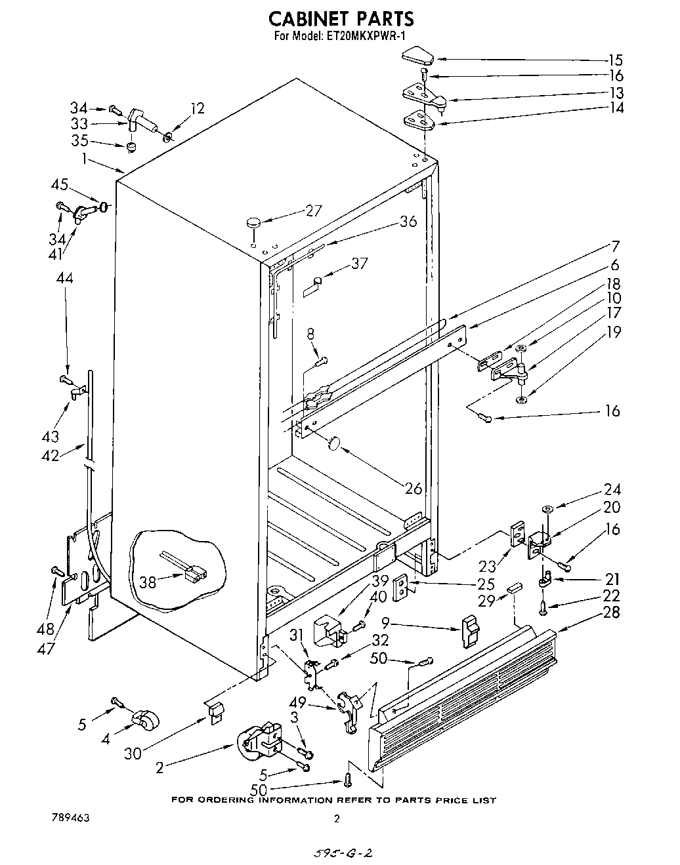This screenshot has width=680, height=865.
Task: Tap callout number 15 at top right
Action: coord(616,60)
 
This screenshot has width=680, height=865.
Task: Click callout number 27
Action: coord(314,211)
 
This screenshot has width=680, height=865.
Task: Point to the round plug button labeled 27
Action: coord(253,223)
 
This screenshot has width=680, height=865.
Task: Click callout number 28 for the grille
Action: coord(611,613)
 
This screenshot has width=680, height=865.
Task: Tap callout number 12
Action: coord(198,108)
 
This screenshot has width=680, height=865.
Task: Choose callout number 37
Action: coord(359,264)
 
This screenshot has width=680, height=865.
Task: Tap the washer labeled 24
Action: coord(546,509)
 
